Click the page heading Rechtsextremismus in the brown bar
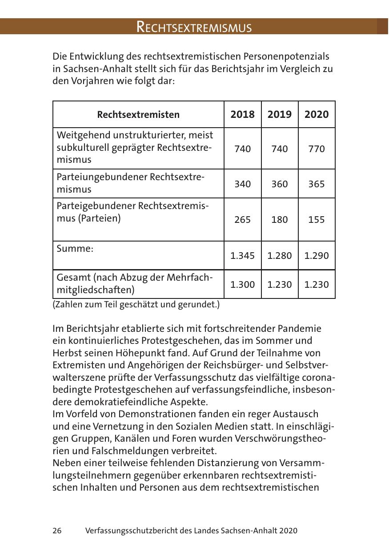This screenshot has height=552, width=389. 194,27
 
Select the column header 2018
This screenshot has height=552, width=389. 242,115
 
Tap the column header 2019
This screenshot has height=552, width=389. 280,115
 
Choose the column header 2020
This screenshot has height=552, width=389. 317,115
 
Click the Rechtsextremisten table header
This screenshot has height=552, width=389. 138,115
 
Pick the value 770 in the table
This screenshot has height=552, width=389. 317,149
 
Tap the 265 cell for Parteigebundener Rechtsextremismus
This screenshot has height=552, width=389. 242,220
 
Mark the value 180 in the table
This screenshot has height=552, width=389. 280,220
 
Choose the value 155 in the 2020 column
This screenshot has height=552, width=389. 317,220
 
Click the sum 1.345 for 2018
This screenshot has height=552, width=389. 242,256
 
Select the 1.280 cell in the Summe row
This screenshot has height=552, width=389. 280,256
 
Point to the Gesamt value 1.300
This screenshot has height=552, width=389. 242,284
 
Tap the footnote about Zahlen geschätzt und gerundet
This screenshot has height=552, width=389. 136,305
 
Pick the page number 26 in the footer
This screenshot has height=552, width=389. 57,531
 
